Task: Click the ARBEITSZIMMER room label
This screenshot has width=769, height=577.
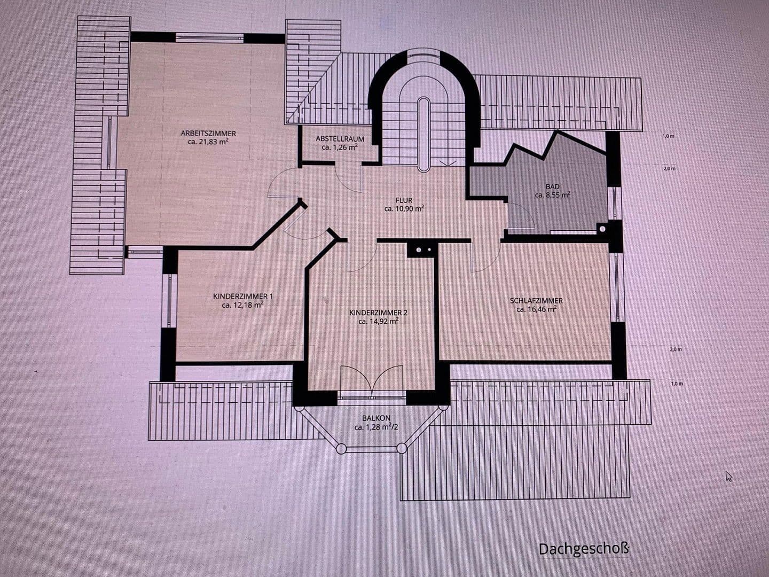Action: (208, 134)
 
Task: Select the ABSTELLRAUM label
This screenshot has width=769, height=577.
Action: (340, 138)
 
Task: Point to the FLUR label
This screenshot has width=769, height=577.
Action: (404, 200)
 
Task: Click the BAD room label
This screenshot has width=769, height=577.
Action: (553, 186)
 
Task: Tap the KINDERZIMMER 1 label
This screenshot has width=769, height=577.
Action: (243, 296)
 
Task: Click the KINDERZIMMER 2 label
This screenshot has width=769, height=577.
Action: (379, 313)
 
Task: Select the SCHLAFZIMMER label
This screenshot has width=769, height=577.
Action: (536, 300)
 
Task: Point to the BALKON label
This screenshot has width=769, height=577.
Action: (376, 418)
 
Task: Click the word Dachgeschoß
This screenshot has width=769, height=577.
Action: (584, 549)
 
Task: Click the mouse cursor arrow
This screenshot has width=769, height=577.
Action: (728, 476)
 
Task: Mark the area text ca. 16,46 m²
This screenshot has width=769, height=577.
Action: (536, 309)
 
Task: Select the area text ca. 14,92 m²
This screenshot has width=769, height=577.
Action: (379, 321)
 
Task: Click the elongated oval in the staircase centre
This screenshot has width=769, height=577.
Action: (424, 134)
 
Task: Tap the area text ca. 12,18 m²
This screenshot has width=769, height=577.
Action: (243, 305)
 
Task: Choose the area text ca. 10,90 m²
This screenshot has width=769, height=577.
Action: (404, 209)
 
